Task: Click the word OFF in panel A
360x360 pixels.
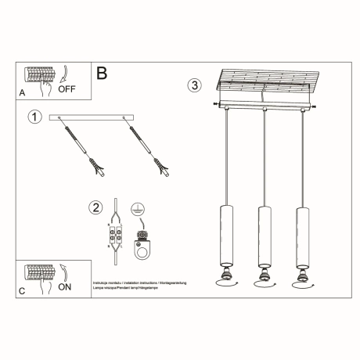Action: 67,90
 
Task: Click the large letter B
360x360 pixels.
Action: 102,74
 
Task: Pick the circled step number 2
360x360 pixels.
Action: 96,207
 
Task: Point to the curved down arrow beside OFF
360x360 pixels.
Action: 63,74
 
